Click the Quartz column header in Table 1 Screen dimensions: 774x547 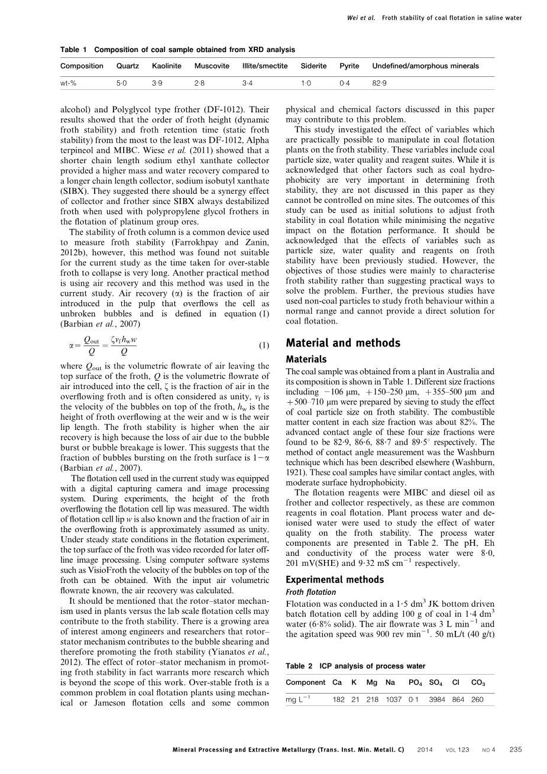click(128, 66)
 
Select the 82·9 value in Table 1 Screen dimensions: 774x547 click(379, 84)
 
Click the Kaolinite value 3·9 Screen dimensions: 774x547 click(157, 84)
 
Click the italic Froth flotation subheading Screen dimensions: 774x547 click(311, 592)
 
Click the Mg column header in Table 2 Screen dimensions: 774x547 click(372, 682)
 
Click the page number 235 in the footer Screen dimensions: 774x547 click(515, 750)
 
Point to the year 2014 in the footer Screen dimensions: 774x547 click(425, 750)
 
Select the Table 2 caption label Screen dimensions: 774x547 click(299, 666)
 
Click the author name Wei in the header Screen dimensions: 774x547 click(353, 18)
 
